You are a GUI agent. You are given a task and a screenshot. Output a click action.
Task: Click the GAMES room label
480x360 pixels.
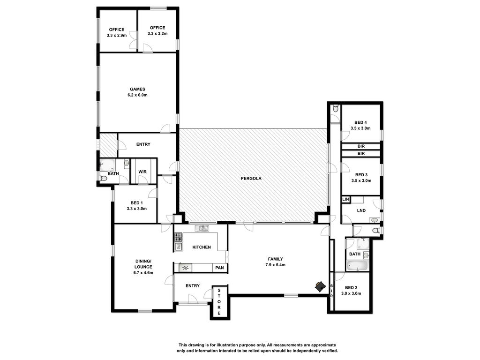tap(137, 90)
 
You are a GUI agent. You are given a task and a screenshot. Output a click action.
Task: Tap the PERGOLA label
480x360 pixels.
tap(251, 179)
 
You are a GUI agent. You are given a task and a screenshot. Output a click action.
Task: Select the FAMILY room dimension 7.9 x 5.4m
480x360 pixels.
tap(275, 265)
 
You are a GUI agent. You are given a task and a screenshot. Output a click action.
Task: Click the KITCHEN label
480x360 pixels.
tap(202, 247)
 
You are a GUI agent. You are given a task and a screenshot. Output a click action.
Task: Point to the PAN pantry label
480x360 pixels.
tap(219, 268)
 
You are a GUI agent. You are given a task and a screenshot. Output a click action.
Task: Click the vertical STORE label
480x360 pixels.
tap(219, 301)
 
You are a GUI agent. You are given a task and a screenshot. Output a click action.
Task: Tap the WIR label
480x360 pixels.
tap(142, 172)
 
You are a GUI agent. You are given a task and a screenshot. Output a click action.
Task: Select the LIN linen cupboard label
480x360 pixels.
tap(345, 199)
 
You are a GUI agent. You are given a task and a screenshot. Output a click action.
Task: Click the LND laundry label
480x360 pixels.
tap(361, 210)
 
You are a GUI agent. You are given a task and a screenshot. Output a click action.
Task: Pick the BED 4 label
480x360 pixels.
tap(360, 122)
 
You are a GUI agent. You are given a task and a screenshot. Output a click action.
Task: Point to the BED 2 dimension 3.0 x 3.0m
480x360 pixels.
tap(351, 293)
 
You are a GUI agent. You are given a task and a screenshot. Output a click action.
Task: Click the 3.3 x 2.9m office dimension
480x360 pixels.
tap(117, 36)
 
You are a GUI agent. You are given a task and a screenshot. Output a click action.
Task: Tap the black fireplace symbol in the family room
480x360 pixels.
tap(320, 286)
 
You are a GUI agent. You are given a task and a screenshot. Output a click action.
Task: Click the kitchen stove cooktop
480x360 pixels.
tap(178, 237)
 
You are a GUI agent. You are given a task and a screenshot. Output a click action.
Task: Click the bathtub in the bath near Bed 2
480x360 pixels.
tap(358, 266)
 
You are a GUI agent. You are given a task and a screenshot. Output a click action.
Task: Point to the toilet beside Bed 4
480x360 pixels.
tap(336, 108)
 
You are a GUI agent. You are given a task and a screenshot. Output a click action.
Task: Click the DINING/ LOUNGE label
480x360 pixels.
tap(143, 264)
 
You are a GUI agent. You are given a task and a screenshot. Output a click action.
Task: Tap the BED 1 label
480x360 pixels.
tap(136, 203)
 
